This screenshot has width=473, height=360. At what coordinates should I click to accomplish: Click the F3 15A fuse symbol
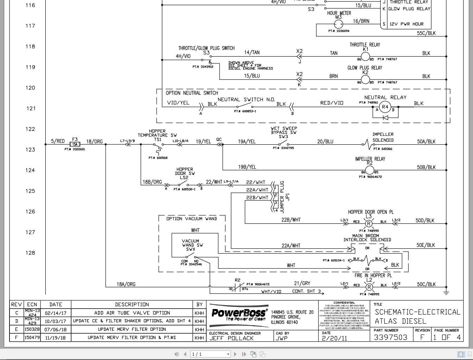tap(75, 144)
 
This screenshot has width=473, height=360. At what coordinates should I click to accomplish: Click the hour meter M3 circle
tap(338, 24)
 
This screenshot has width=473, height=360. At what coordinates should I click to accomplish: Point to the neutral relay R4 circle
tap(385, 107)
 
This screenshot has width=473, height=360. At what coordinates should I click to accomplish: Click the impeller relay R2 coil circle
tap(370, 170)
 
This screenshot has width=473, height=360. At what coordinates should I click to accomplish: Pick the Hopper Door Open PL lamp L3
tap(368, 223)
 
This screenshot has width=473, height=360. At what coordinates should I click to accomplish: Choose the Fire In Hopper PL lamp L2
tap(368, 287)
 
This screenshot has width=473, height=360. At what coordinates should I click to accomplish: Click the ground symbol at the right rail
tap(446, 293)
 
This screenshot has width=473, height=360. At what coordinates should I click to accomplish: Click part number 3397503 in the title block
tap(390, 337)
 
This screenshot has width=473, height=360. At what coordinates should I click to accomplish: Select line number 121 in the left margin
tap(31, 108)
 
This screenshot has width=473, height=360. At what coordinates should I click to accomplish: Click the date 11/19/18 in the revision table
tap(55, 337)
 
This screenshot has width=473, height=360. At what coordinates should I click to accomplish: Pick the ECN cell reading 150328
tap(32, 329)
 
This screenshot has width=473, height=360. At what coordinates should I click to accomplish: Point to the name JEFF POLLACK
tap(231, 338)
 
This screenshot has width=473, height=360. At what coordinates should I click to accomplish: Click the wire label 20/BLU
tap(325, 141)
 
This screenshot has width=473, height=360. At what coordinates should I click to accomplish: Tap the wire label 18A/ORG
tap(126, 284)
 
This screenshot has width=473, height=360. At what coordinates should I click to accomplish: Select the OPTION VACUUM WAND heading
tap(192, 219)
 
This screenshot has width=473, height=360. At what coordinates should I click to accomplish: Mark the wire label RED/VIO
tap(332, 103)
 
